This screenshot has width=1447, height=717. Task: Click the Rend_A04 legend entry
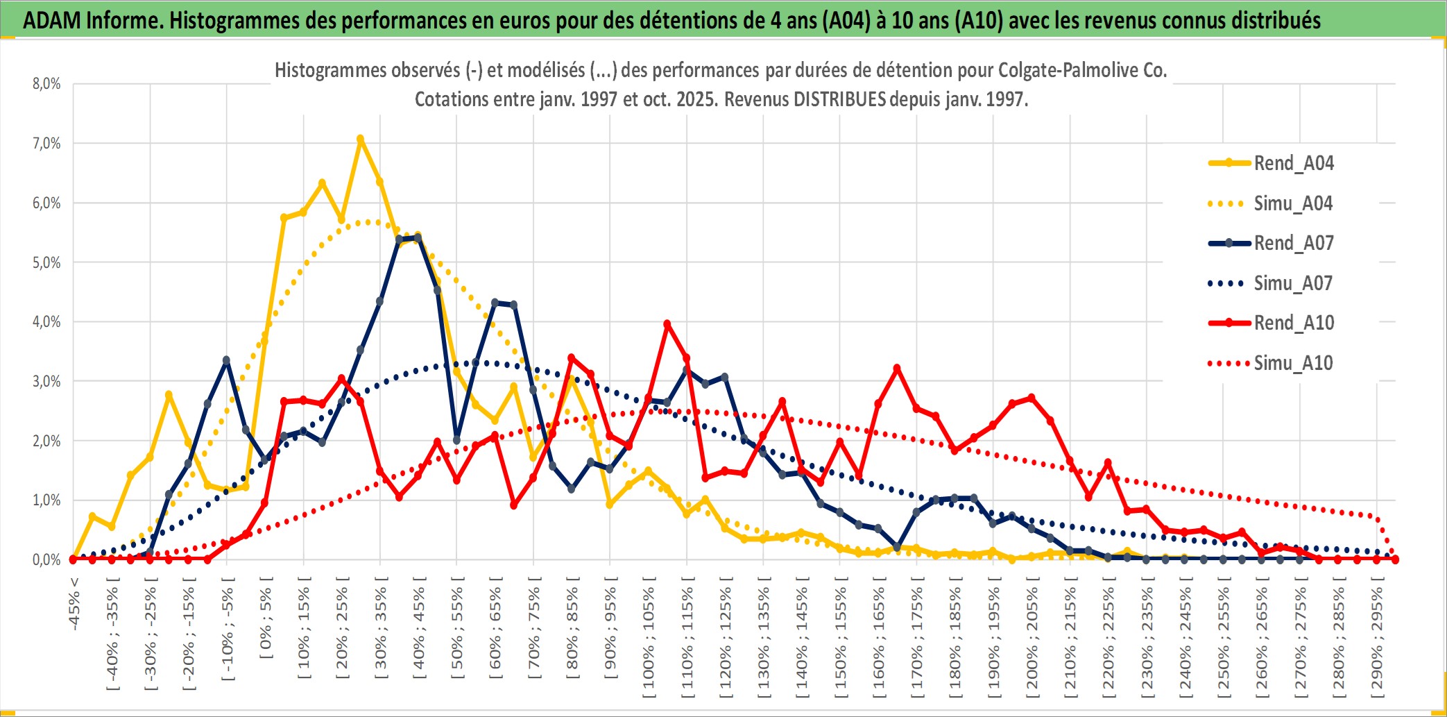[x=1293, y=163]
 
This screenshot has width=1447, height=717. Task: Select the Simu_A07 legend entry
[x=1293, y=283]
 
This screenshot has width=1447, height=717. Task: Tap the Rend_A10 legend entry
[x=1293, y=323]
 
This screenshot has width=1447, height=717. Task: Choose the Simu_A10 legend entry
[x=1293, y=363]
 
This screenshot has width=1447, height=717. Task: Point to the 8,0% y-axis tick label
[x=46, y=84]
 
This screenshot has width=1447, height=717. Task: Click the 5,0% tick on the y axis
[x=46, y=262]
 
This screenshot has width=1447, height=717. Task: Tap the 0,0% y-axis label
[x=46, y=559]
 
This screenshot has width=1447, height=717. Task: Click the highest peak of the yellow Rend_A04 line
[x=360, y=139]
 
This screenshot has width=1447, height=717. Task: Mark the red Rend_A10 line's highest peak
[x=667, y=323]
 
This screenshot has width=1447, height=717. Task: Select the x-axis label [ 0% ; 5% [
[x=266, y=622]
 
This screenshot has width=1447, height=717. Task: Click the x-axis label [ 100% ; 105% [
[x=649, y=639]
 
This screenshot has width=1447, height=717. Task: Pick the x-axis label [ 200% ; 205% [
[x=1031, y=639]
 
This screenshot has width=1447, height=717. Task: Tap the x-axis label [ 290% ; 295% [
[x=1376, y=639]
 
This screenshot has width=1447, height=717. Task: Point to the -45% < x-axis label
[x=74, y=604]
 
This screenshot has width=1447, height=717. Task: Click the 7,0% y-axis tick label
[x=46, y=144]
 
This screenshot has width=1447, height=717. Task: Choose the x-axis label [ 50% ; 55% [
[x=457, y=630]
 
